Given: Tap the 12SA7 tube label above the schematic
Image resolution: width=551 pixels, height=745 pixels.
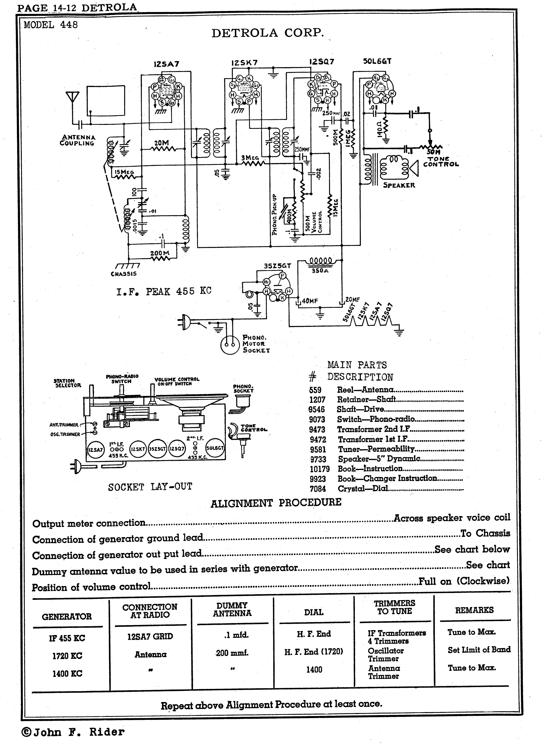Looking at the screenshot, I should [x=166, y=64].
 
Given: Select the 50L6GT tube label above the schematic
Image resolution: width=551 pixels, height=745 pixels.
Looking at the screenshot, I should [x=377, y=61].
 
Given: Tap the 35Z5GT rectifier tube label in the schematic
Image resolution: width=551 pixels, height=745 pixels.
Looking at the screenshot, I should [x=277, y=266].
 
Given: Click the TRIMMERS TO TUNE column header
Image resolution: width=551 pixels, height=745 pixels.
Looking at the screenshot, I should [x=394, y=607].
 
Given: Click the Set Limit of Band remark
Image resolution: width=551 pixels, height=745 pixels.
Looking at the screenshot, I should [x=479, y=650].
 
